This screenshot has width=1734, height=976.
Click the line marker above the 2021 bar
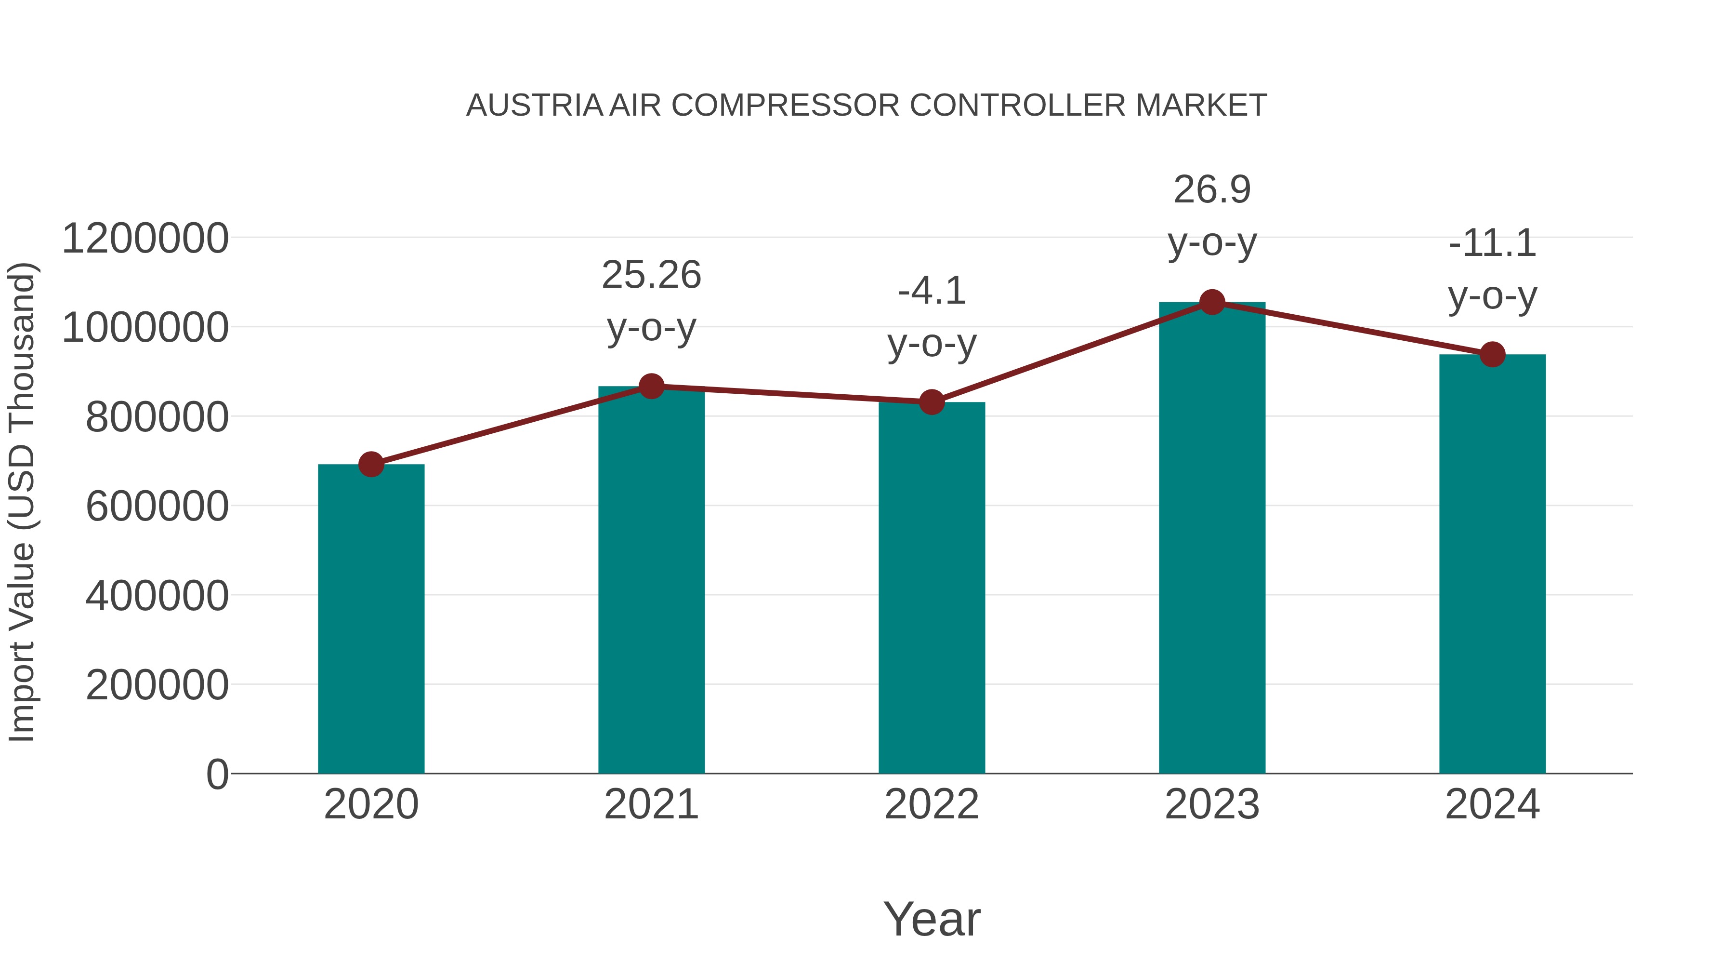pos(651,386)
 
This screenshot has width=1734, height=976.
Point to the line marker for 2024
pos(1492,354)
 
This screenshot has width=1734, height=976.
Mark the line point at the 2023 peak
pos(1212,302)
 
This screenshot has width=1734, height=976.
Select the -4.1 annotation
pos(932,291)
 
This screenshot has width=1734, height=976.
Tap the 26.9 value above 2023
pos(1212,189)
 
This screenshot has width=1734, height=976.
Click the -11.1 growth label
pos(1492,243)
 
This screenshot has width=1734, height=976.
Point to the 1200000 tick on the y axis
pos(144,239)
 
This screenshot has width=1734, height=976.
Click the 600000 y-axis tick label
pos(157,506)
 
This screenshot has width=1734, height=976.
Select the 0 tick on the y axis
pos(217,774)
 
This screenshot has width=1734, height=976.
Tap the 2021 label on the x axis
pos(651,804)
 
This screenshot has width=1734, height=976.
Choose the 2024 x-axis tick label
pos(1492,804)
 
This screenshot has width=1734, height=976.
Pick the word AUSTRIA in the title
pos(535,106)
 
